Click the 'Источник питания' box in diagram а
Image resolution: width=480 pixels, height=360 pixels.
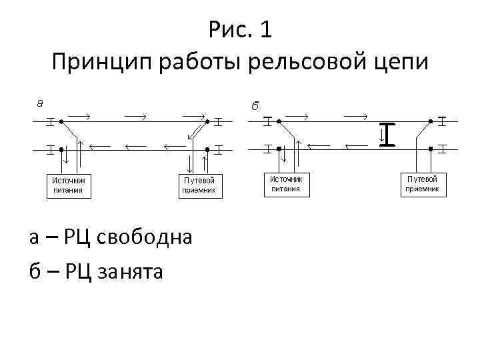pos(69,185)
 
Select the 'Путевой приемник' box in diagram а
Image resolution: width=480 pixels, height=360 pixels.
pos(199,185)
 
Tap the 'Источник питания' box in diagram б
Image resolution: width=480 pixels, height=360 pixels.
pos(285,183)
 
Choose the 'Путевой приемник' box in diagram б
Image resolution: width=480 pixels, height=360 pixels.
pos(423,183)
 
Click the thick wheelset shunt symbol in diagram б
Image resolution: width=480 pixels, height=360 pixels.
pos(388,134)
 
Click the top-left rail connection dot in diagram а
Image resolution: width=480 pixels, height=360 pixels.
pos(60,122)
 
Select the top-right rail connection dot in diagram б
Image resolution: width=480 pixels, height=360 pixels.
pos(430,122)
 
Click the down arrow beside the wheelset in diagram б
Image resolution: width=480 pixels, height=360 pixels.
pos(382,136)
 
